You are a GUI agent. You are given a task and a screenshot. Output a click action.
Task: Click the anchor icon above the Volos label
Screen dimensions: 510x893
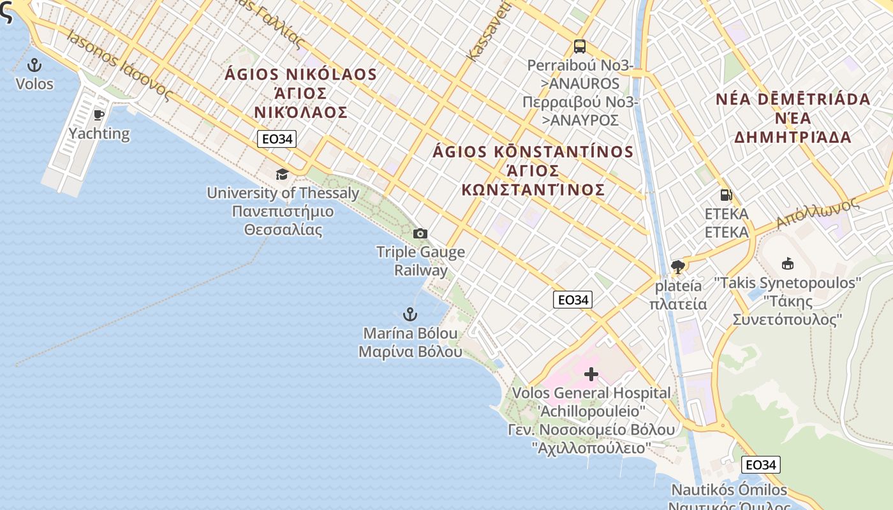click(34, 64)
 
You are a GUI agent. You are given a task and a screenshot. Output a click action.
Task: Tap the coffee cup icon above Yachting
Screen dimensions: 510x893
click(99, 115)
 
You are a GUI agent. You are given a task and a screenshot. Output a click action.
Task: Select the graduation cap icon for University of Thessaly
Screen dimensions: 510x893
click(281, 174)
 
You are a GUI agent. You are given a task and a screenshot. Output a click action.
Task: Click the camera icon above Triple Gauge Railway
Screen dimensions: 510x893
click(420, 234)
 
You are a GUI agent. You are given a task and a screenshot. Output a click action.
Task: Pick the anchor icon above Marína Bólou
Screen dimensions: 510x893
click(410, 314)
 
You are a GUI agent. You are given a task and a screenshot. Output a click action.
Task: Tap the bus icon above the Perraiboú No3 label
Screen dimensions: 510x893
click(579, 47)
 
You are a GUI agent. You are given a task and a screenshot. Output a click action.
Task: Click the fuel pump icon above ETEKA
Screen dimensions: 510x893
click(726, 195)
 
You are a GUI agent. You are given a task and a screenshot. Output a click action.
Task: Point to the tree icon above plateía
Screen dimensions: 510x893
click(677, 267)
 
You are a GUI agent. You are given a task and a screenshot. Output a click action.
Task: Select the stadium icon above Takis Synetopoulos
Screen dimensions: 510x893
click(788, 263)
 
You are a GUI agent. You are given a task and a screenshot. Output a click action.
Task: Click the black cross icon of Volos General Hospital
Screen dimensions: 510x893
click(591, 374)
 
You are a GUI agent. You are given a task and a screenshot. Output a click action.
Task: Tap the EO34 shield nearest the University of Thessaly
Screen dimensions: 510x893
click(277, 139)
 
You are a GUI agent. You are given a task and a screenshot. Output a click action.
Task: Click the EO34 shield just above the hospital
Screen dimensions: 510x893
click(572, 300)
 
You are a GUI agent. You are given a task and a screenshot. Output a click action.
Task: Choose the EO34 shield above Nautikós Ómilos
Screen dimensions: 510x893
click(761, 465)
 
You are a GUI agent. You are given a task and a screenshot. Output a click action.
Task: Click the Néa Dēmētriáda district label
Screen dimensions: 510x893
click(793, 118)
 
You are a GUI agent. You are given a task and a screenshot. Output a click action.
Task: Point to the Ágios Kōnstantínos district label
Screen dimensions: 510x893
click(533, 170)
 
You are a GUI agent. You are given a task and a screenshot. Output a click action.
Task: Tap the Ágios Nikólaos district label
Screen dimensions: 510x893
click(300, 93)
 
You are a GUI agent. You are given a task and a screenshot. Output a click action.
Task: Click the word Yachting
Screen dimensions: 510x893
click(99, 133)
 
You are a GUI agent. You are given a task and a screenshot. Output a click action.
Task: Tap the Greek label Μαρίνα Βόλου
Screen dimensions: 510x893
click(410, 351)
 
